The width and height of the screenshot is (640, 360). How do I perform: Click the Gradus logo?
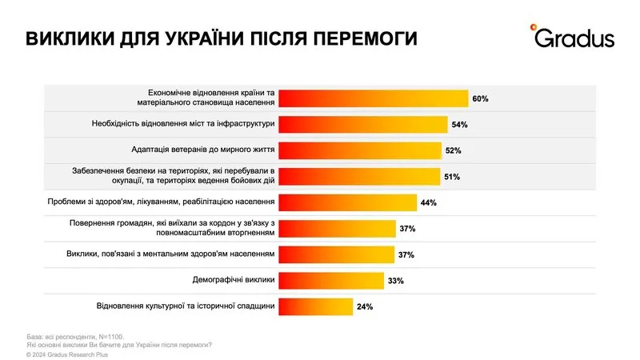[x=571, y=37]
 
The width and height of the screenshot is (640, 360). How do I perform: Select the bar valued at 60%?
[x=373, y=98]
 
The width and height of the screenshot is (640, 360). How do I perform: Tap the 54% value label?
[x=459, y=125]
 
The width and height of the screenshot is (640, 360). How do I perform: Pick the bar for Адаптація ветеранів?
[x=359, y=150]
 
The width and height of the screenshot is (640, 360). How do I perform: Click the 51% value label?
[x=451, y=176]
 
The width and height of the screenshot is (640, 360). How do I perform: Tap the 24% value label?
[x=364, y=306]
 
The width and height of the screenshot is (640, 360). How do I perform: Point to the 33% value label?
[x=396, y=281]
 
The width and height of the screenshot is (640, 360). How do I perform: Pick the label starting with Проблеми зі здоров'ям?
[x=172, y=202]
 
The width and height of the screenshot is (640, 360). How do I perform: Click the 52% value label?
[x=453, y=150]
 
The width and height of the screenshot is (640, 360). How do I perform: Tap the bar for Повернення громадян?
[x=336, y=228]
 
